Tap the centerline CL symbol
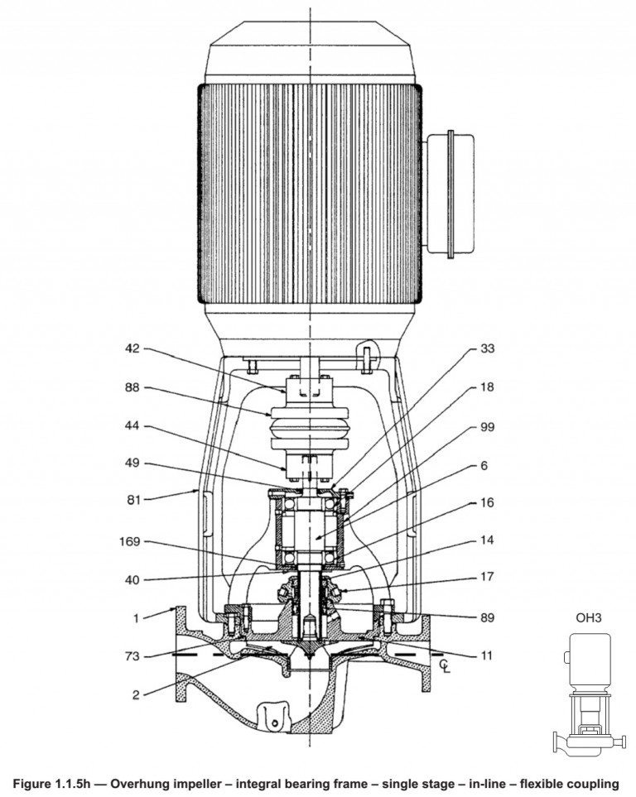pyautogui.click(x=446, y=664)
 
